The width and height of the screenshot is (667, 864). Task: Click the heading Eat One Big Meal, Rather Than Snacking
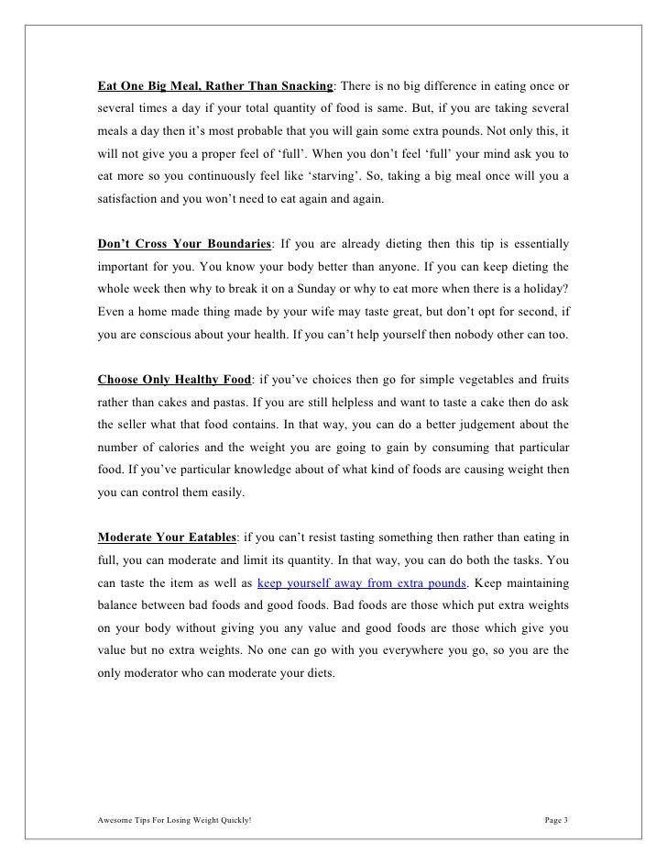coord(215,86)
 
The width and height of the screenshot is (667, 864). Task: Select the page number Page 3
coord(552,818)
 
